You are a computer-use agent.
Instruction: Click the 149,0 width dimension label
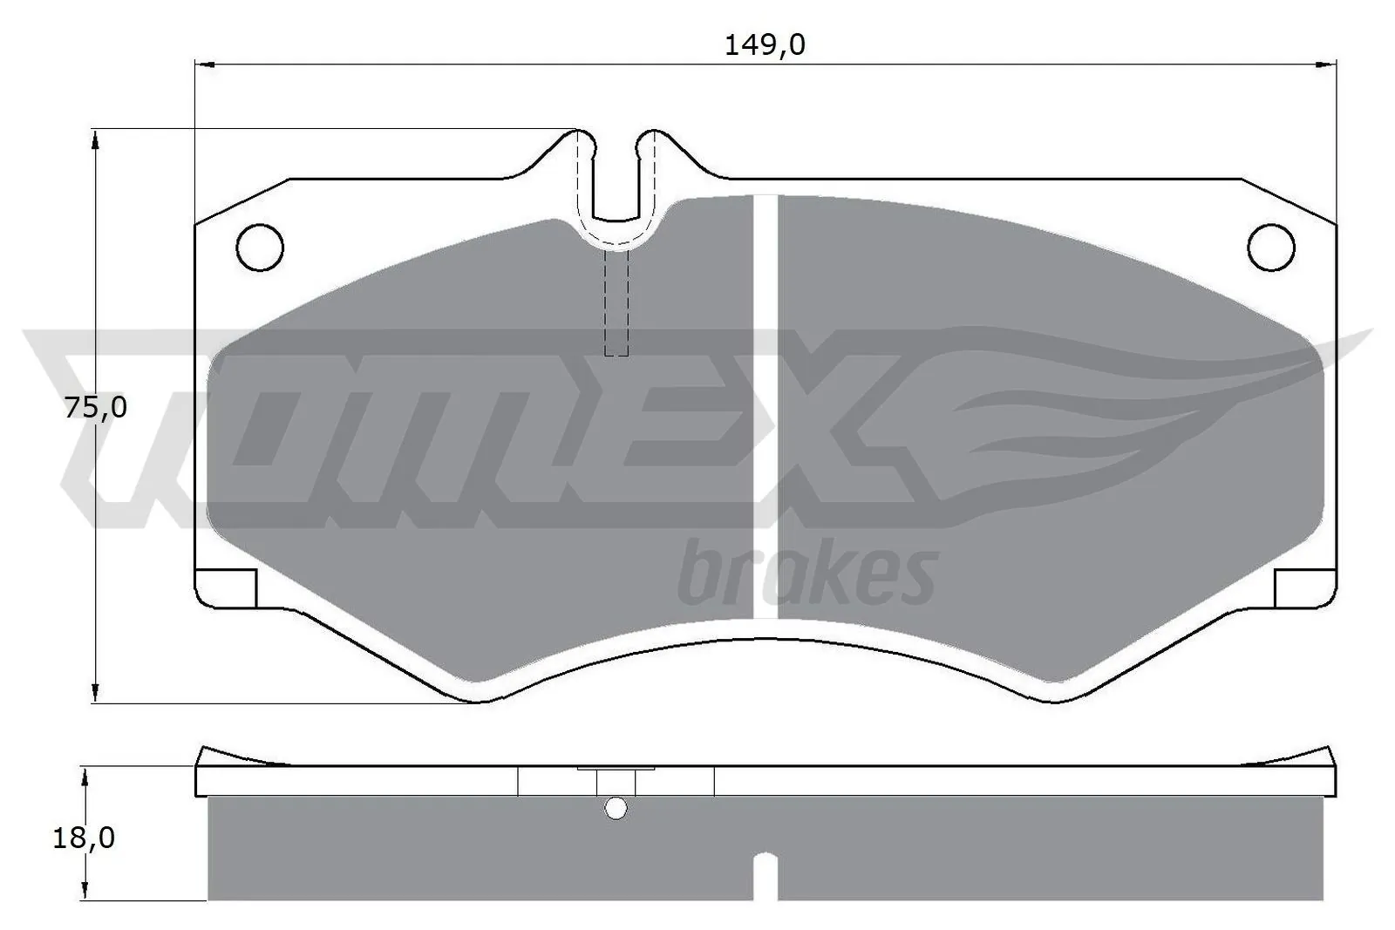(x=764, y=45)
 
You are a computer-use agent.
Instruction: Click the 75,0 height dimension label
(x=96, y=407)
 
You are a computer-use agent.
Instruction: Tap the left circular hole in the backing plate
(x=260, y=247)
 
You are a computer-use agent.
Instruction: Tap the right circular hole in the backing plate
(x=1270, y=247)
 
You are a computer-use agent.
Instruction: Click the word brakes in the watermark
(x=806, y=575)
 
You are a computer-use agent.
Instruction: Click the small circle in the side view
(x=616, y=809)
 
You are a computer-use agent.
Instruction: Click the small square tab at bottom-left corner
(x=226, y=587)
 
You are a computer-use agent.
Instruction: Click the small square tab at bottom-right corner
(x=1305, y=587)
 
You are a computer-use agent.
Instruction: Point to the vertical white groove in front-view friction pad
(x=765, y=405)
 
